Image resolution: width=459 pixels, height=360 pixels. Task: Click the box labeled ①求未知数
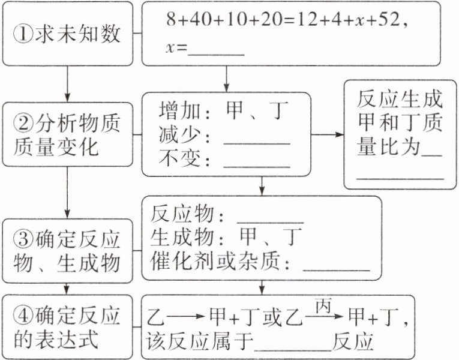(x=67, y=34)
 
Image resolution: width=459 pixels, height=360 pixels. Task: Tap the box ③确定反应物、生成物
(x=67, y=250)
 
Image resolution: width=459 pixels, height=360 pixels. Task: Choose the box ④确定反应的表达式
(x=67, y=327)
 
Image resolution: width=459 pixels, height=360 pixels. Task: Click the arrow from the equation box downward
(x=226, y=78)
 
